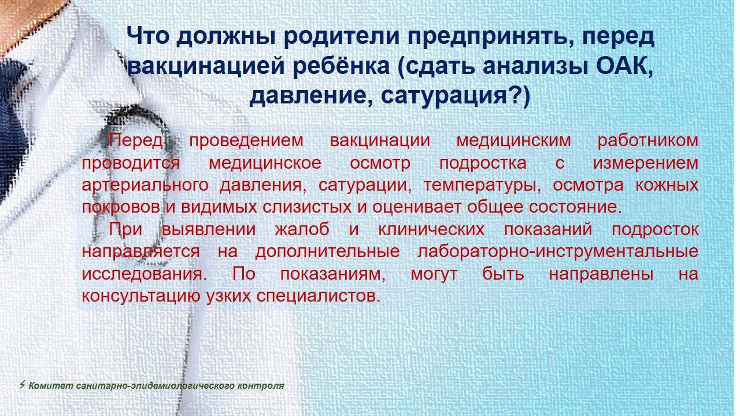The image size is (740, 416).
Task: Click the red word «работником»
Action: pyautogui.click(x=648, y=140)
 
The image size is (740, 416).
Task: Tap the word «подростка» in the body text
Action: pyautogui.click(x=483, y=164)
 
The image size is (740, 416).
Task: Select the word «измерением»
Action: pyautogui.click(x=646, y=164)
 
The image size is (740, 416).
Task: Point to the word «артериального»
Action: pyautogui.click(x=145, y=185)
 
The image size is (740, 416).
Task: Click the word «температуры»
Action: pyautogui.click(x=482, y=186)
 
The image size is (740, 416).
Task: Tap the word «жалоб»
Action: pyautogui.click(x=302, y=229)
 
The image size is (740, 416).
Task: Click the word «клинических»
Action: pyautogui.click(x=431, y=229)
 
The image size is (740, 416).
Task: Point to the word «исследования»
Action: pyautogui.click(x=145, y=274)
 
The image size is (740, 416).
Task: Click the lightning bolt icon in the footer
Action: pyautogui.click(x=22, y=385)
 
